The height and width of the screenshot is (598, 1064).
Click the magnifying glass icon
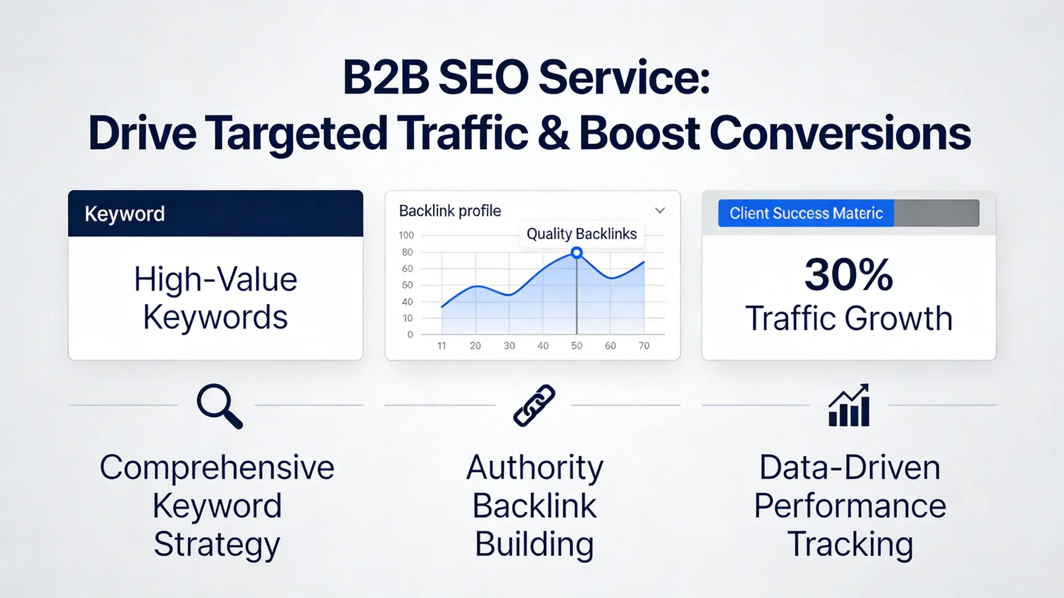pyautogui.click(x=219, y=406)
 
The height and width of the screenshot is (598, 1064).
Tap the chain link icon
pyautogui.click(x=534, y=406)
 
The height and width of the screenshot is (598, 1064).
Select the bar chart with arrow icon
pyautogui.click(x=849, y=406)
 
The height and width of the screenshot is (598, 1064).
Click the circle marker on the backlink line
pyautogui.click(x=577, y=253)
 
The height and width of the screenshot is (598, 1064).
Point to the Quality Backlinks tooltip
pyautogui.click(x=581, y=234)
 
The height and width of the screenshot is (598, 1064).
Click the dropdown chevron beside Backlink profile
pyautogui.click(x=660, y=211)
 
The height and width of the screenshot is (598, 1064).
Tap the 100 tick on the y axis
pyautogui.click(x=406, y=235)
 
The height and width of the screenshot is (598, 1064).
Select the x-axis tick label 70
pyautogui.click(x=644, y=346)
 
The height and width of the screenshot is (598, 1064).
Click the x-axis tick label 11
pyautogui.click(x=442, y=346)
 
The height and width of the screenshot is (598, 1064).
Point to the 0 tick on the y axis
pyautogui.click(x=410, y=334)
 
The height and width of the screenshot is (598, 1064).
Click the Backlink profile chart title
pyautogui.click(x=450, y=211)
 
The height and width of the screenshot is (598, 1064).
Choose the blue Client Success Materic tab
pyautogui.click(x=806, y=213)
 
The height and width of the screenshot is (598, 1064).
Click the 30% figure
pyautogui.click(x=848, y=275)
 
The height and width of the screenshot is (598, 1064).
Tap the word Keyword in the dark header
pyautogui.click(x=125, y=214)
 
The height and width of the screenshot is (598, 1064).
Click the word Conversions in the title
pyautogui.click(x=840, y=134)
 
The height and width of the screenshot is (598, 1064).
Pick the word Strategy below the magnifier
pyautogui.click(x=217, y=544)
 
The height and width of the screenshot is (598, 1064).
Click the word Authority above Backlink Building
pyautogui.click(x=535, y=467)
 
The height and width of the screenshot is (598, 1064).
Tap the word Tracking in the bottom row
pyautogui.click(x=850, y=544)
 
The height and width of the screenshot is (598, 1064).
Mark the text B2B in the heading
pyautogui.click(x=385, y=78)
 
